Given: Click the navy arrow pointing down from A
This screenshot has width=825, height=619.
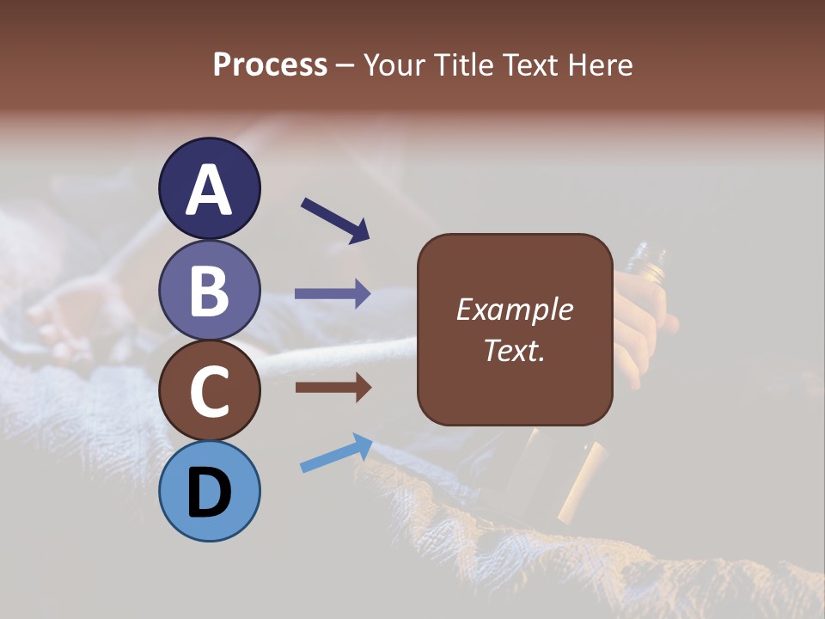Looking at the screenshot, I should (335, 219).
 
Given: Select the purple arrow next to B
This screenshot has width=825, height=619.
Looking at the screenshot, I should (333, 293).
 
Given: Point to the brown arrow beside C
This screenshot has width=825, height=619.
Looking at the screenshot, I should (333, 388).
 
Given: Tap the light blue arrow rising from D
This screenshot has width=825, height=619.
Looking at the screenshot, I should (336, 453).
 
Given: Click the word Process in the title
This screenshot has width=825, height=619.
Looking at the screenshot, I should (270, 64).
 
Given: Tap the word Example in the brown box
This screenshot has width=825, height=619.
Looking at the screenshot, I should (514, 309).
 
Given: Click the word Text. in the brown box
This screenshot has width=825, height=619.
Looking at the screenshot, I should (514, 350).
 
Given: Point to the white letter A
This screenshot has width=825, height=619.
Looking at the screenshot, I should (209, 190).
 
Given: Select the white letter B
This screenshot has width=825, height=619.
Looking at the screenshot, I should (209, 291).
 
